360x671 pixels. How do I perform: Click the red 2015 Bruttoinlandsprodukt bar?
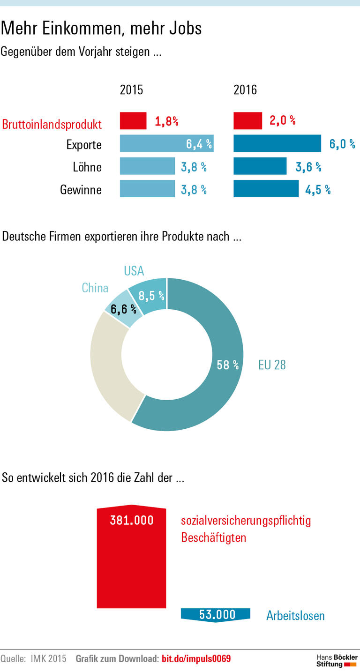[x=133, y=121]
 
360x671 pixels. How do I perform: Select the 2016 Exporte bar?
[x=277, y=143]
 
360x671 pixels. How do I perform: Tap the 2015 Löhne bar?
[x=147, y=166]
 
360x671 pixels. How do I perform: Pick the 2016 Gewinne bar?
[x=266, y=189]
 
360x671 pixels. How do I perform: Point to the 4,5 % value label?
[x=318, y=189]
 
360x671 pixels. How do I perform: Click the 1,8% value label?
[x=166, y=121]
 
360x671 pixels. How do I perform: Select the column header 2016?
[x=245, y=90]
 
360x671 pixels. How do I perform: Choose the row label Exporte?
[x=84, y=144]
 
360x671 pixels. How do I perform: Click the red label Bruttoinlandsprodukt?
[x=52, y=125]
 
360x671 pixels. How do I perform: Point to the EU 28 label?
[x=272, y=365]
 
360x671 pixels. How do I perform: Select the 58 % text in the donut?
[x=228, y=365]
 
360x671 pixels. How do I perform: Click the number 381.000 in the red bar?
[x=132, y=520]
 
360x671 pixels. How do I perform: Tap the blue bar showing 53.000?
[x=216, y=614]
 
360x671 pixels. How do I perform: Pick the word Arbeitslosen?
[x=295, y=615]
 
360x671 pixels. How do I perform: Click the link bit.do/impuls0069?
[x=196, y=659]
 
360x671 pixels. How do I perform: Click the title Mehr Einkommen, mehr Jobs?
[x=101, y=28]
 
